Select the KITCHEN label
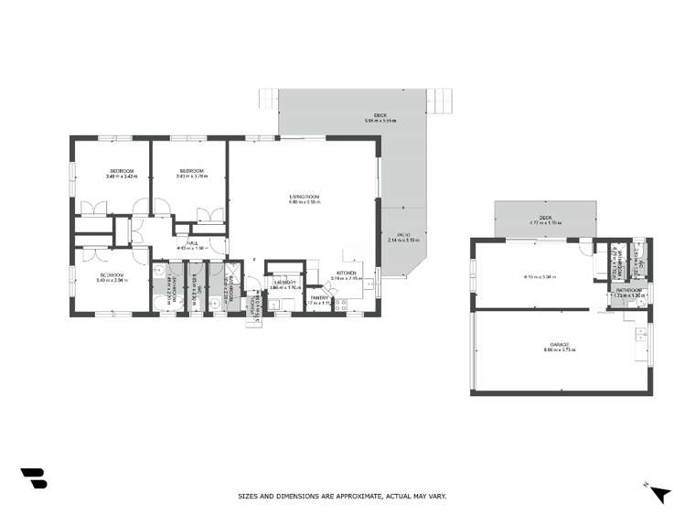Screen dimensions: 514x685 346,273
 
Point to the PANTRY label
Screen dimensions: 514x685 318,296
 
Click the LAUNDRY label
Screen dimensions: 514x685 284,283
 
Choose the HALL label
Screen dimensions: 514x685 193,242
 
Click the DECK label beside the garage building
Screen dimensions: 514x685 545,218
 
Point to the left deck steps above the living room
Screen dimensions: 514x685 268,96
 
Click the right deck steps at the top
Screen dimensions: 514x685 444,96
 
